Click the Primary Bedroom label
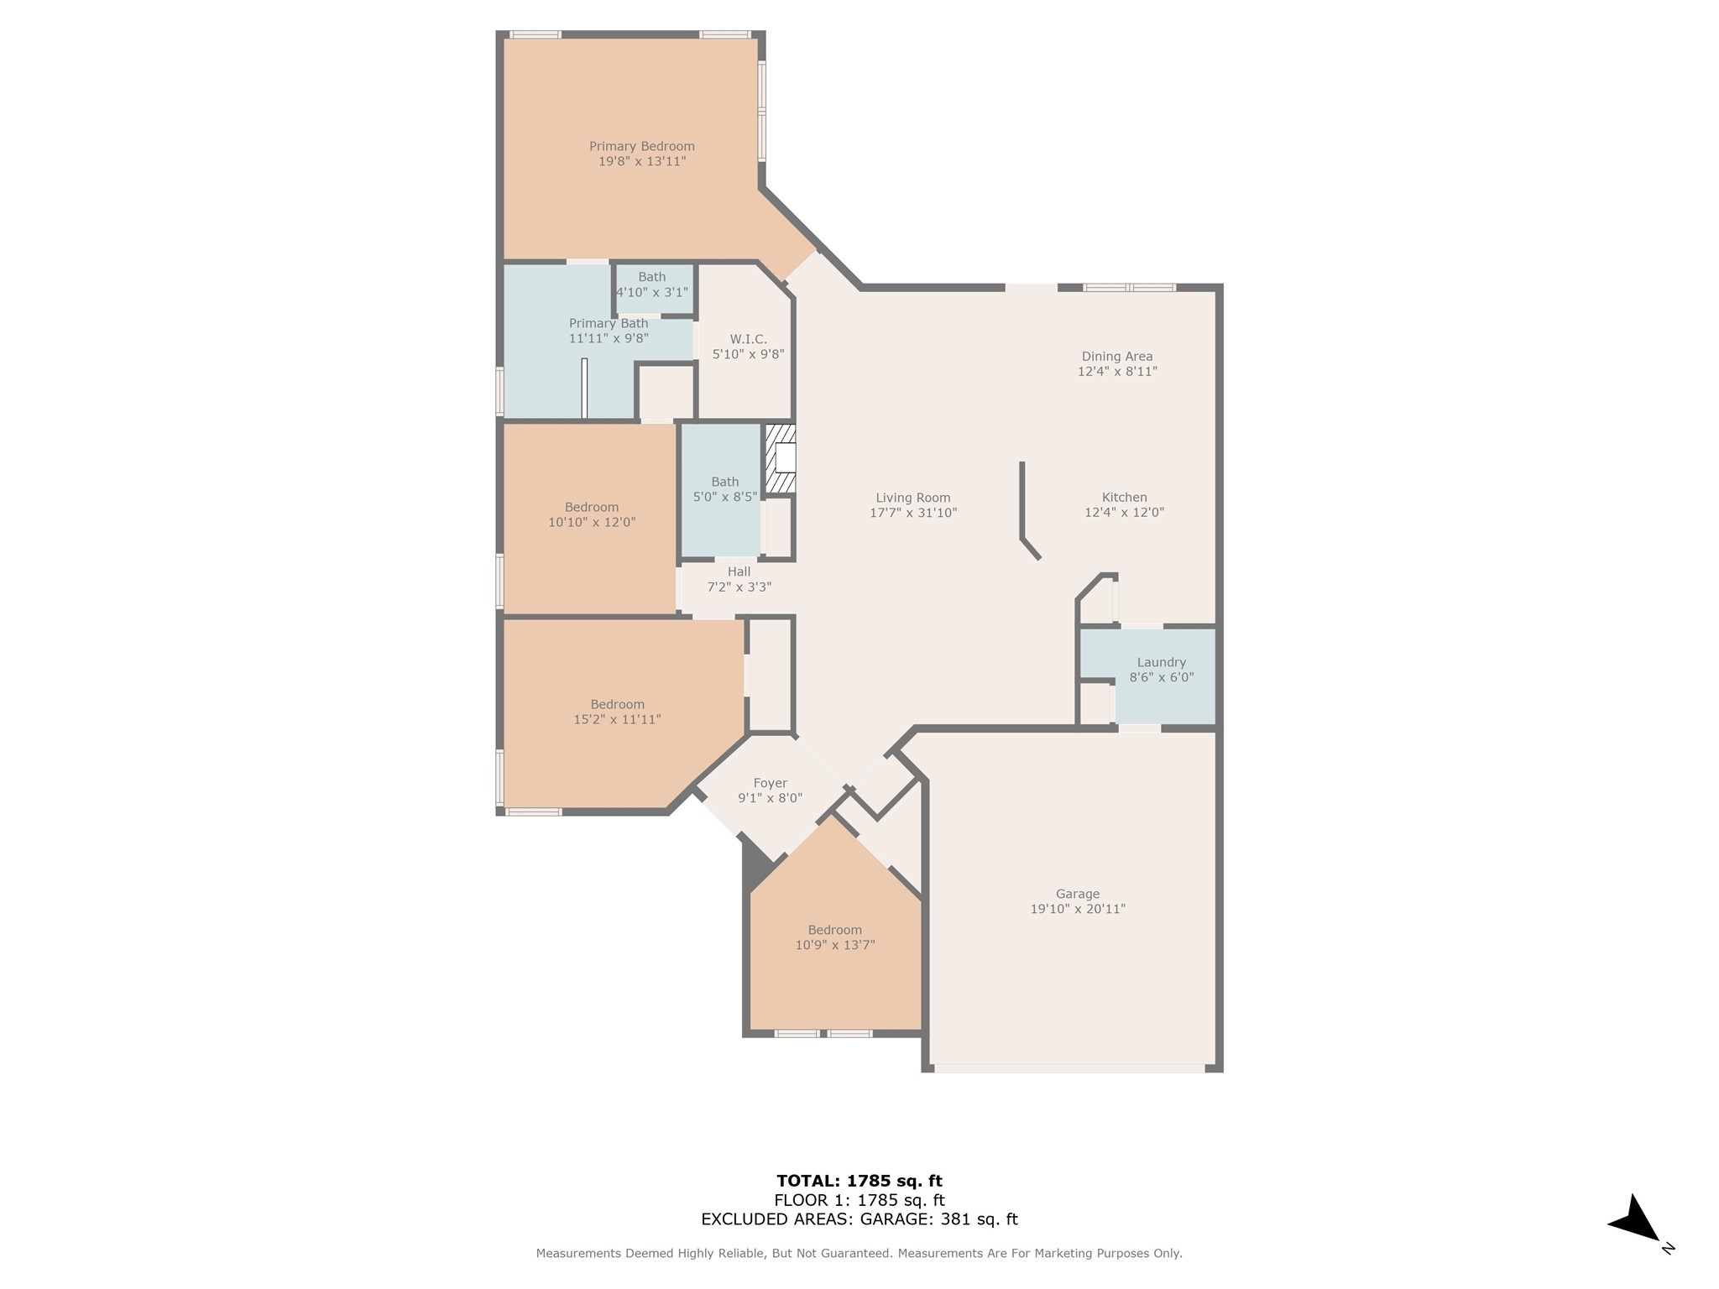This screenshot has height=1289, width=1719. pyautogui.click(x=641, y=146)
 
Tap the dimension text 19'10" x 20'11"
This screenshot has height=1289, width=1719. pyautogui.click(x=1078, y=909)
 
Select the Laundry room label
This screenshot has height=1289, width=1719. pyautogui.click(x=1161, y=662)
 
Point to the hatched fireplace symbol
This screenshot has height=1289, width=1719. pyautogui.click(x=781, y=459)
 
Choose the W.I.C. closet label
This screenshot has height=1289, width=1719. pyautogui.click(x=748, y=339)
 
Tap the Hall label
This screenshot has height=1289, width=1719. pyautogui.click(x=739, y=571)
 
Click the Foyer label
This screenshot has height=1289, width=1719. pyautogui.click(x=770, y=783)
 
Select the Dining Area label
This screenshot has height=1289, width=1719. pyautogui.click(x=1116, y=356)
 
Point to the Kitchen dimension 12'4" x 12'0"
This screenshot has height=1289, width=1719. pyautogui.click(x=1124, y=513)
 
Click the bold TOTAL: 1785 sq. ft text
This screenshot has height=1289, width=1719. pyautogui.click(x=859, y=1181)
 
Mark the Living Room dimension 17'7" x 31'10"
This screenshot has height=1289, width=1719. pyautogui.click(x=913, y=513)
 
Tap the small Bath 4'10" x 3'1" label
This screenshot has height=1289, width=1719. pyautogui.click(x=652, y=284)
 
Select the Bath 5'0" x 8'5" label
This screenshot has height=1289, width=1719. pyautogui.click(x=725, y=489)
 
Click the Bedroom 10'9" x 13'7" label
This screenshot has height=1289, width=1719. pyautogui.click(x=834, y=937)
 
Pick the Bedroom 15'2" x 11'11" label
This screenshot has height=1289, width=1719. pyautogui.click(x=617, y=712)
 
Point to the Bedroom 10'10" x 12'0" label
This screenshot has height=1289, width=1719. pyautogui.click(x=592, y=514)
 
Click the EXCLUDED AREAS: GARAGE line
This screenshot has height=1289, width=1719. pyautogui.click(x=859, y=1219)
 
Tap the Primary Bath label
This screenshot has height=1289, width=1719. pyautogui.click(x=609, y=323)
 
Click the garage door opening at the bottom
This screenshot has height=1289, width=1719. pyautogui.click(x=1069, y=1068)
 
